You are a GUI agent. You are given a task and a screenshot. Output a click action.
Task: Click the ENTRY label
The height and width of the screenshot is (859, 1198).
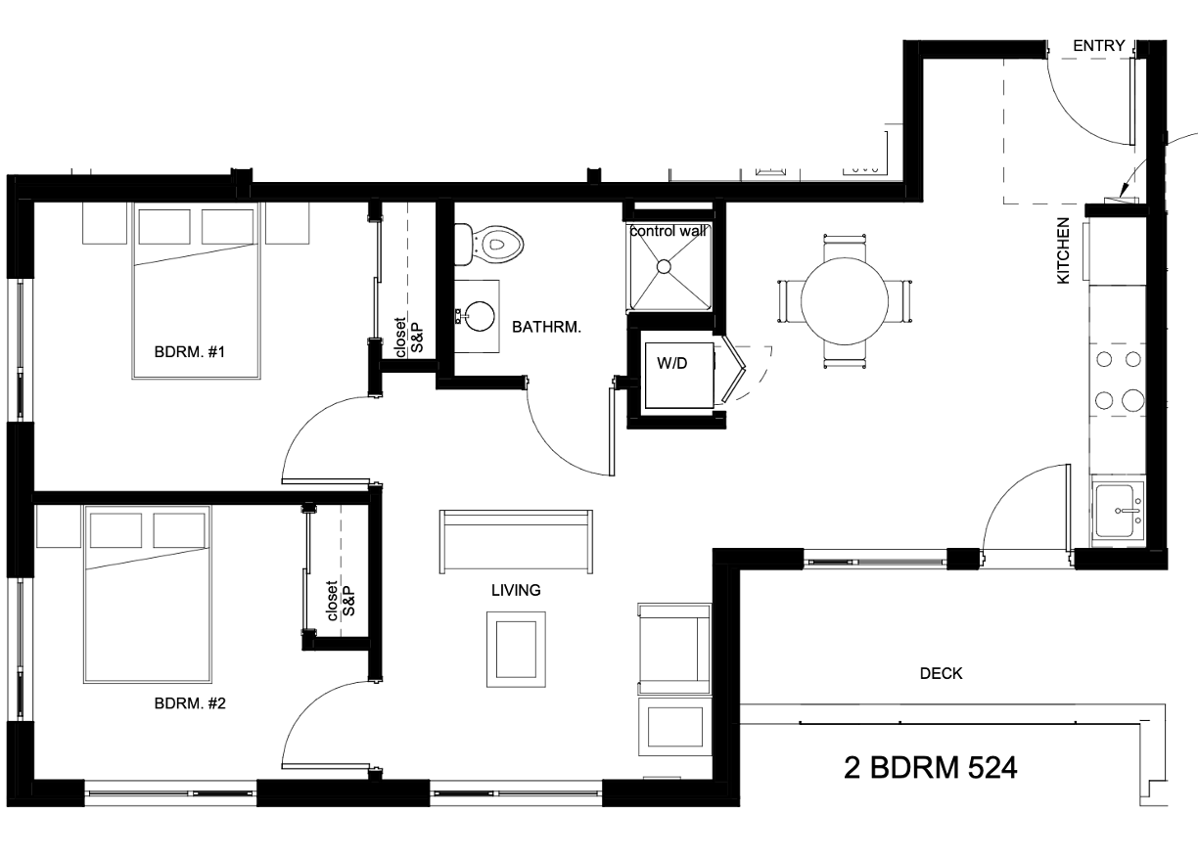1099,46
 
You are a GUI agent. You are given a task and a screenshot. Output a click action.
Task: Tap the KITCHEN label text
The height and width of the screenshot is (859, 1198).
1064,251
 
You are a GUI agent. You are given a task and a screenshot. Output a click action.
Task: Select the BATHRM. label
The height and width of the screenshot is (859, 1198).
546,328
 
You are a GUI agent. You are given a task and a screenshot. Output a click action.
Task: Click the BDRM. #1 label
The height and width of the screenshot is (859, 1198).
191,351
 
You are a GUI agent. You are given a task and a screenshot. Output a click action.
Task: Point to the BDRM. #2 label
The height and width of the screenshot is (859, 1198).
191,702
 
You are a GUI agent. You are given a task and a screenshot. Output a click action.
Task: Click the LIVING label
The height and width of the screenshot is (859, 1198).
516,590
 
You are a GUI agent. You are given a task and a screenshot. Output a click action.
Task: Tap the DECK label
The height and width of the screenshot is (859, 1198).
941,673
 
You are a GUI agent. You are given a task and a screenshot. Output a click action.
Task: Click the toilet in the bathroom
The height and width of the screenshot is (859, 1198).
495,242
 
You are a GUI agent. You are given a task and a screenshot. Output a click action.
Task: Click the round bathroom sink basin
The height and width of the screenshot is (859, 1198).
480,315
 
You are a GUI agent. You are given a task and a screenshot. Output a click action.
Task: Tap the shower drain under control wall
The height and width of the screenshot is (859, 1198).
665,265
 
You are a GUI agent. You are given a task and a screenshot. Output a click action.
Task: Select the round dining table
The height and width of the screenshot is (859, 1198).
845,300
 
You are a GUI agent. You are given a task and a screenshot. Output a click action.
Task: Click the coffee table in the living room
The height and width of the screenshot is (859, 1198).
516,650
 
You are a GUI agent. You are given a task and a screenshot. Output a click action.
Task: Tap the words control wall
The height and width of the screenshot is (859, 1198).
669,232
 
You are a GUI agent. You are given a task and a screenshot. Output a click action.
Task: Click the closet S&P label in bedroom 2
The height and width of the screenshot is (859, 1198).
340,600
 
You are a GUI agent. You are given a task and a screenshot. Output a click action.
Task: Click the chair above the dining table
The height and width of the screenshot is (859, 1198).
845,246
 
